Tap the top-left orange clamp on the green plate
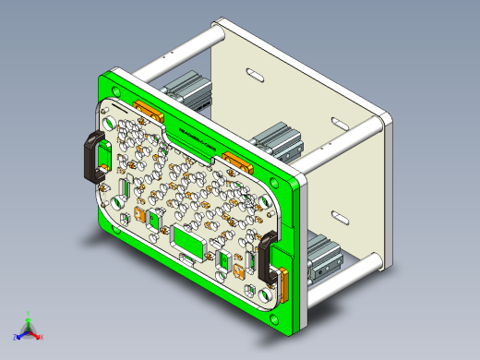[149, 110]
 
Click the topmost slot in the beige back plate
[252, 72]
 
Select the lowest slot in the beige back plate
[337, 218]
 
